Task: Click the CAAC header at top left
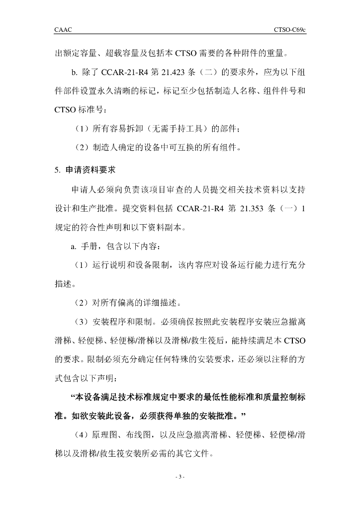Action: coord(63,30)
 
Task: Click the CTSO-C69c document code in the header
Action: coord(289,30)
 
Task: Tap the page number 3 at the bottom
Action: coord(180,478)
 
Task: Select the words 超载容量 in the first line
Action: coord(135,52)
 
